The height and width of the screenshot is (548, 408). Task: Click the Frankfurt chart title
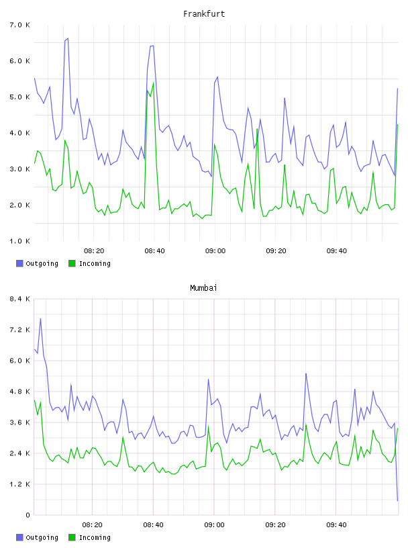point(204,14)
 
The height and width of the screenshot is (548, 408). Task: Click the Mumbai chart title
point(203,288)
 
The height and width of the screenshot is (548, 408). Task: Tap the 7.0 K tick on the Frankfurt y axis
point(20,25)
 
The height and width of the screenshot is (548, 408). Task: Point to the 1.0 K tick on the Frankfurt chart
point(20,241)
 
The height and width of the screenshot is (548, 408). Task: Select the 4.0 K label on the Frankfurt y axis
point(20,133)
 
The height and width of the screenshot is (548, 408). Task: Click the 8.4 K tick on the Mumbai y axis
point(20,299)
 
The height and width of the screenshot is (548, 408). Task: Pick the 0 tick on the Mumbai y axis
point(28,515)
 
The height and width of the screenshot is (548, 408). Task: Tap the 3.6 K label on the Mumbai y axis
point(20,422)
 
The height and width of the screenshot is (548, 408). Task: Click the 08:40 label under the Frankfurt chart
point(155,251)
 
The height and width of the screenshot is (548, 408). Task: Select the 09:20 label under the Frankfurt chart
point(276,251)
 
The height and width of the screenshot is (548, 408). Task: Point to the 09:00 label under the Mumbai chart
point(215,525)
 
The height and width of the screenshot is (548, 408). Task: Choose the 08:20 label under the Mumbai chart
point(92,525)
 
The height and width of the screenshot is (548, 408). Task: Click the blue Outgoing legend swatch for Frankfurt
point(19,263)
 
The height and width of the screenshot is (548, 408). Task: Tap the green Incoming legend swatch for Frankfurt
point(72,263)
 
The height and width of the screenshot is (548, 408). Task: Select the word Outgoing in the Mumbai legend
point(42,537)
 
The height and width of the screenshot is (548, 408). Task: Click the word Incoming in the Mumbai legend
point(95,537)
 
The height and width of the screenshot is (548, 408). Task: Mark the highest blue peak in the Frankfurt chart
point(68,38)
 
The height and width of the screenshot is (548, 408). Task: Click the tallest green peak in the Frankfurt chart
point(154,83)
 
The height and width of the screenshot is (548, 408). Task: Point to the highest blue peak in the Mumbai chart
point(40,318)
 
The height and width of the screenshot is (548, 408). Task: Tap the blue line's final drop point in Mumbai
point(397,501)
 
